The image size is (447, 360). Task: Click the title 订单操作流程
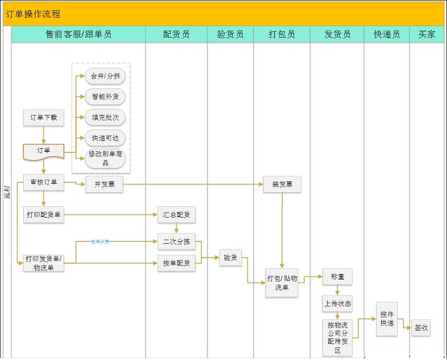tap(34, 13)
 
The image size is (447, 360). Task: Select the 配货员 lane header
tap(176, 34)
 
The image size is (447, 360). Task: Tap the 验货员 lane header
tap(230, 34)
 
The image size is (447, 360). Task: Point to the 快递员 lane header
tap(386, 34)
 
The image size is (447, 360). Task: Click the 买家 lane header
tap(427, 34)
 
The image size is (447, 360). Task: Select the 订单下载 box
tap(43, 117)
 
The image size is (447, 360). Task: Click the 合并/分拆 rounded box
tap(105, 76)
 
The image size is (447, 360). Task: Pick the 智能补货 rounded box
tap(105, 97)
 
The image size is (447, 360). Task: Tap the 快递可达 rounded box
tap(105, 138)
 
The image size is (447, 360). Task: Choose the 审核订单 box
tap(43, 183)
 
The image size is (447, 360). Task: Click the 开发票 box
tap(104, 184)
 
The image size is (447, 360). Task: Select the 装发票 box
tap(282, 184)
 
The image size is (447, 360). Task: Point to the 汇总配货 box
tap(176, 215)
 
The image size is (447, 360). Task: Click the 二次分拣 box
tap(176, 242)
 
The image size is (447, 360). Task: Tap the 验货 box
tap(230, 258)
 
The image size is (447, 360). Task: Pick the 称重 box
tap(337, 278)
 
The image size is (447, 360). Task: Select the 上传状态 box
tap(337, 304)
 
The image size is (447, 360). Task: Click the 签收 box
tap(421, 328)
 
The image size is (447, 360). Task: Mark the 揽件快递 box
tap(387, 319)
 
